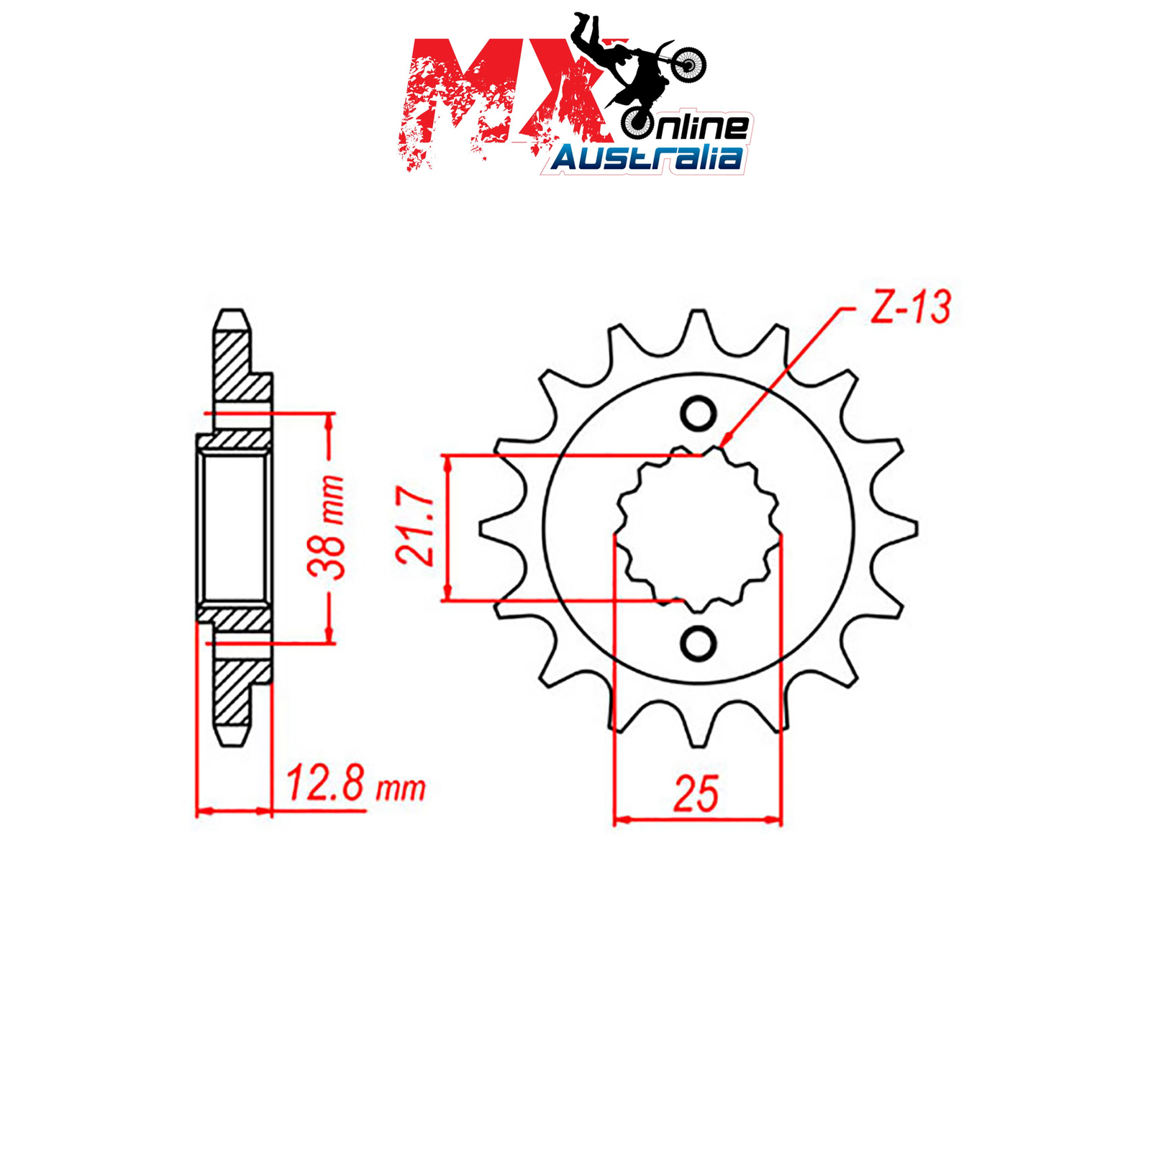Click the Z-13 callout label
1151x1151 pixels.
(x=910, y=307)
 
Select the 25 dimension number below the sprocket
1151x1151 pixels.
(x=696, y=793)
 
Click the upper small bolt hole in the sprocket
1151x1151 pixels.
(x=698, y=414)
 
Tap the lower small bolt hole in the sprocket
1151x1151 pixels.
(x=698, y=643)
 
